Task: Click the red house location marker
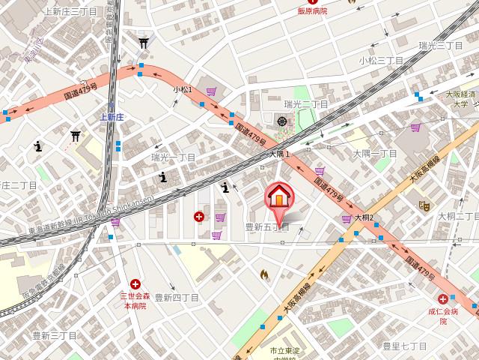click(278, 198)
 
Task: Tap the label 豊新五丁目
click(267, 226)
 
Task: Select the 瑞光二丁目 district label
click(306, 104)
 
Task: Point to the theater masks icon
click(424, 205)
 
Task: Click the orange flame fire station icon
click(263, 275)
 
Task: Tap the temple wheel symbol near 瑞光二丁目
click(282, 121)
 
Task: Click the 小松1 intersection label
click(183, 89)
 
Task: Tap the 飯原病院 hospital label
click(314, 11)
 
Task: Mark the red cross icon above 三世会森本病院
click(135, 284)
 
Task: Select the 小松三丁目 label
click(381, 59)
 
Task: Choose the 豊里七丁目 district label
click(404, 346)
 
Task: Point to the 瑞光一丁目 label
click(173, 157)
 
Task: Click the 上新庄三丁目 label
click(70, 11)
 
